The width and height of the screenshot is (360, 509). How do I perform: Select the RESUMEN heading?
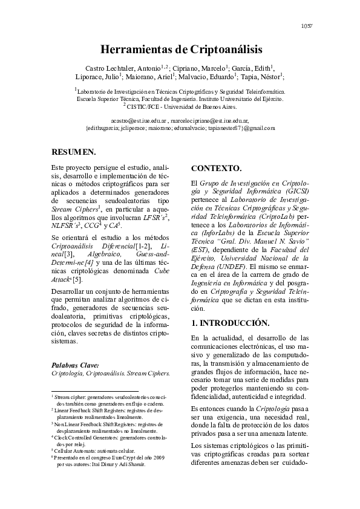coord(73,152)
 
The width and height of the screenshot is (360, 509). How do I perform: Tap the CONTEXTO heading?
coord(216,168)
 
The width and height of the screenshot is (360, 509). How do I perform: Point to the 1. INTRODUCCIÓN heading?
coord(231,323)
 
